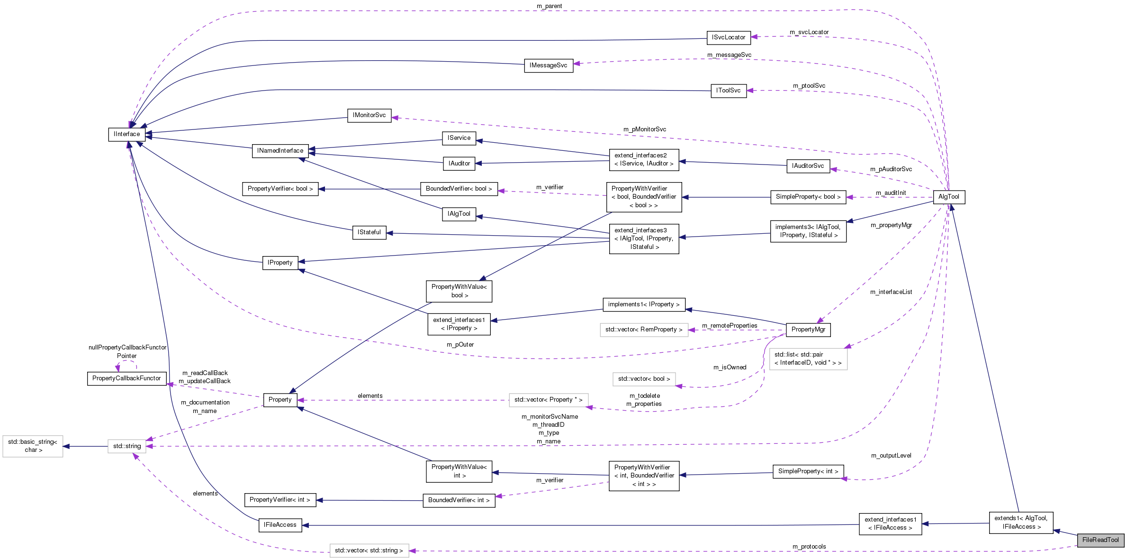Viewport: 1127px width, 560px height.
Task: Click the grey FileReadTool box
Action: click(1100, 540)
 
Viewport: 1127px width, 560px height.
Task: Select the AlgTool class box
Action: click(948, 197)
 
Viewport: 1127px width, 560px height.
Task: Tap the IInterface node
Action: click(126, 134)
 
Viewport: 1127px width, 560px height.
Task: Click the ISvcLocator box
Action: click(728, 37)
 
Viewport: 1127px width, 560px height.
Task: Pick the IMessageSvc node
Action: click(548, 65)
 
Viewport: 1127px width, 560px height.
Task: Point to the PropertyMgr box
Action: click(808, 330)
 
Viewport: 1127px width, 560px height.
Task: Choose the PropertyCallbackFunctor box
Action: click(126, 378)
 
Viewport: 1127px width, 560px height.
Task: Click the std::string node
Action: click(126, 446)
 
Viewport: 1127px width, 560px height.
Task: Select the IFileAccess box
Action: click(279, 525)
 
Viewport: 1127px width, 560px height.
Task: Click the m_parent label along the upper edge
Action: click(549, 6)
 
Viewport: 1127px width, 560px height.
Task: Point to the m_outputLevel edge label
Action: click(891, 456)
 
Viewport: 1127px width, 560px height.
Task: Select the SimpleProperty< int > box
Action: click(808, 471)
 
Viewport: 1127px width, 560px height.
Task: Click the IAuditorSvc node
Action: click(808, 166)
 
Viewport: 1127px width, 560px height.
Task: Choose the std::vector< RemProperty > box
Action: click(643, 330)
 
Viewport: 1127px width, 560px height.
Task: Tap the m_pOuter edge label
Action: click(460, 345)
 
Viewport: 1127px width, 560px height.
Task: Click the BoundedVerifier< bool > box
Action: click(459, 189)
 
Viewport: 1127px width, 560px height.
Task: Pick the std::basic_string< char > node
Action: click(33, 446)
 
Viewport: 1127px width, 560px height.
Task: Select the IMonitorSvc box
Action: click(369, 115)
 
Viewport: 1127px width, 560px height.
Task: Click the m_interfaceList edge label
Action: click(891, 292)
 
